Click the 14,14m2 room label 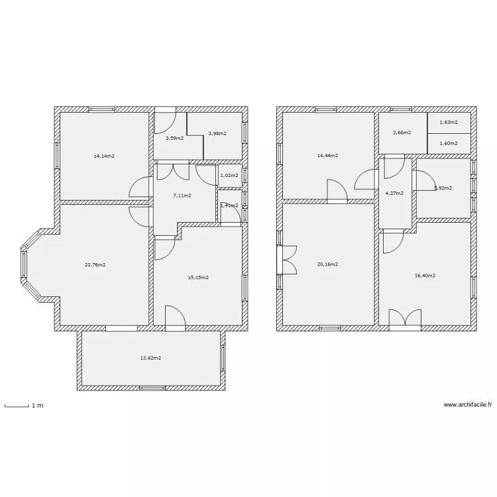pos(104,156)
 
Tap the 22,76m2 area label pos(95,264)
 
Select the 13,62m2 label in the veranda pos(150,358)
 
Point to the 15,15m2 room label pos(198,278)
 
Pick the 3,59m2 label pos(174,138)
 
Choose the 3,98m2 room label pos(217,133)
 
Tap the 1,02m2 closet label pos(229,176)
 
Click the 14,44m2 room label pos(327,156)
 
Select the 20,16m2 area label pos(327,264)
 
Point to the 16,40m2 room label pos(425,276)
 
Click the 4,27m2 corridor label pos(394,193)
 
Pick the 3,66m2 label pos(402,133)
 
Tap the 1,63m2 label pos(449,122)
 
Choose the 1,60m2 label pos(449,143)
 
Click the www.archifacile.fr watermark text pos(468,405)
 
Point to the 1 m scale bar pos(17,405)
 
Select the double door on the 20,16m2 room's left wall pos(288,259)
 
